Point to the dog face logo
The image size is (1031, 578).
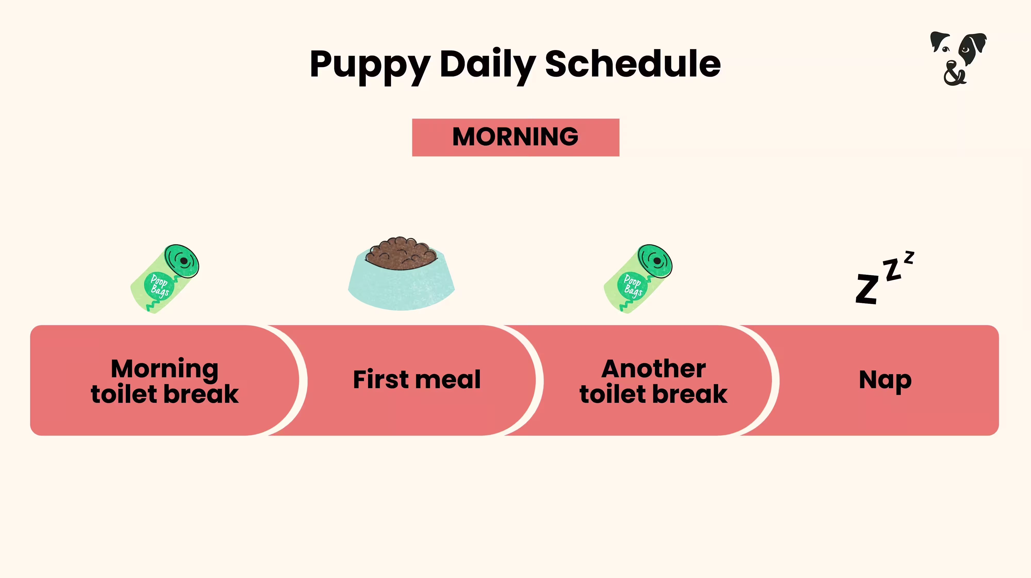click(958, 58)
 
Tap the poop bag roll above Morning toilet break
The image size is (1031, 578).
click(165, 278)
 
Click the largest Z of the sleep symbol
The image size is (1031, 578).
click(867, 289)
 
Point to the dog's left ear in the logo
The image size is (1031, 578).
click(938, 40)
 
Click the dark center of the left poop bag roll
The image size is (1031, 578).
click(184, 261)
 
